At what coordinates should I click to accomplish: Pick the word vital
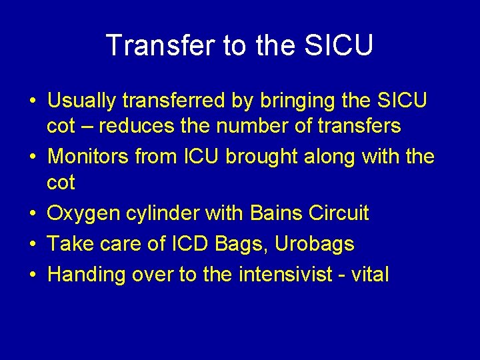(x=371, y=274)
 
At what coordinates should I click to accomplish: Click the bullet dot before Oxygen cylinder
(x=33, y=215)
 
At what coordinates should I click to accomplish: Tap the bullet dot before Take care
(x=33, y=245)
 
